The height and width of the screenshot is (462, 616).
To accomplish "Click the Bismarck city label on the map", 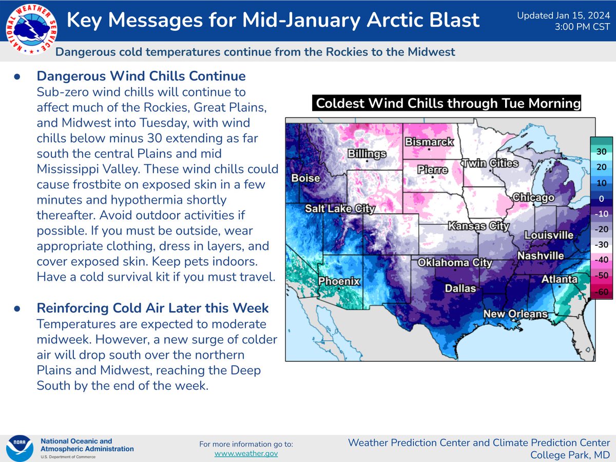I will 430,142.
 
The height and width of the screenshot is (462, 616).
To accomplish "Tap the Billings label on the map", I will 367,153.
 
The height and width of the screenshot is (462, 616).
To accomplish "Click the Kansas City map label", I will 478,225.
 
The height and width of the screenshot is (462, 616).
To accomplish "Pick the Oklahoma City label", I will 455,263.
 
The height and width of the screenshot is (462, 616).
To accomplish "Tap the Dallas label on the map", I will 460,288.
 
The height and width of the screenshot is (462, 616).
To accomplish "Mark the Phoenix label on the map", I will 339,281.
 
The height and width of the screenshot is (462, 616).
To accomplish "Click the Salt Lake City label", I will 340,208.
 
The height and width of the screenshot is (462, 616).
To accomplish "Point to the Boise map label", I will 305,179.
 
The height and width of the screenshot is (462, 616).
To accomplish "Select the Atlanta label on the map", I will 560,280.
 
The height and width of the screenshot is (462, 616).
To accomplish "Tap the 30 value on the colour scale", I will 601,151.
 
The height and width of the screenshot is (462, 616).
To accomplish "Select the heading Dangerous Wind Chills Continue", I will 141,76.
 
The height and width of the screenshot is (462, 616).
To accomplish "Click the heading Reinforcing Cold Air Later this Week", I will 152,308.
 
